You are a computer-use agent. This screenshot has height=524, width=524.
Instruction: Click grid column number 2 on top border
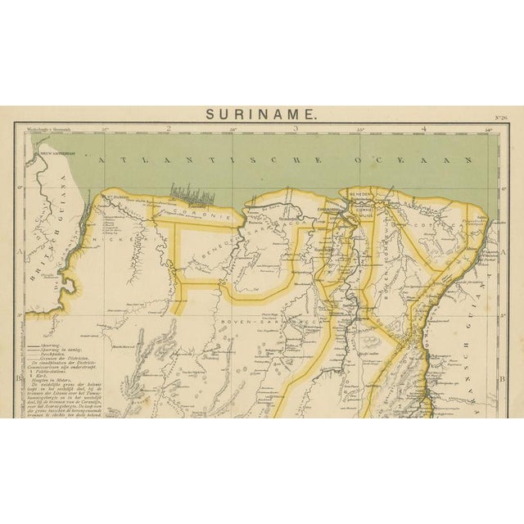point(168,128)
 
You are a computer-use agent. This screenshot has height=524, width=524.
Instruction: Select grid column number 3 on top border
point(296,128)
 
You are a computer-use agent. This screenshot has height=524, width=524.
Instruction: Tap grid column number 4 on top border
point(423,128)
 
